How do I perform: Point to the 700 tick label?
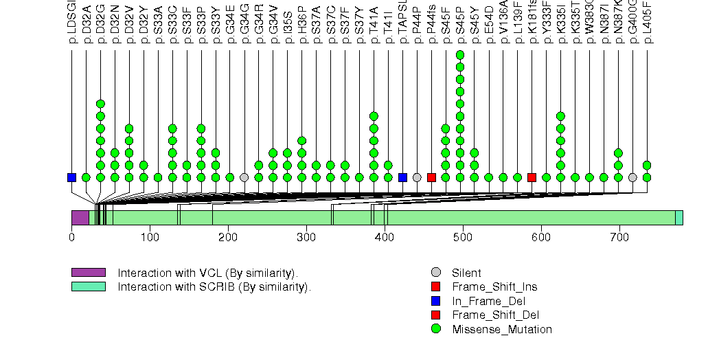click(541, 238)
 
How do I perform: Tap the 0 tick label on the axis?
click(71, 238)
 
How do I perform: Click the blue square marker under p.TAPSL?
click(402, 177)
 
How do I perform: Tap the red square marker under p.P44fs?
click(431, 177)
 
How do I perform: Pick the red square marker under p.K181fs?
click(532, 177)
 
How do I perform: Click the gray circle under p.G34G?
click(244, 177)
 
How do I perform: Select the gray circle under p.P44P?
click(417, 177)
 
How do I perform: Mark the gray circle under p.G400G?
click(632, 177)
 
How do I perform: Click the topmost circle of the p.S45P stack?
click(460, 55)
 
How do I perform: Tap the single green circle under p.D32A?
click(86, 177)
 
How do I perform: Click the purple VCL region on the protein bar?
click(80, 217)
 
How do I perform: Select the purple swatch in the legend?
click(88, 273)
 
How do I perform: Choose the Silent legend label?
click(466, 273)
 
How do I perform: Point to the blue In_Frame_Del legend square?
click(435, 301)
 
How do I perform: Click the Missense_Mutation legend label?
click(501, 329)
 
